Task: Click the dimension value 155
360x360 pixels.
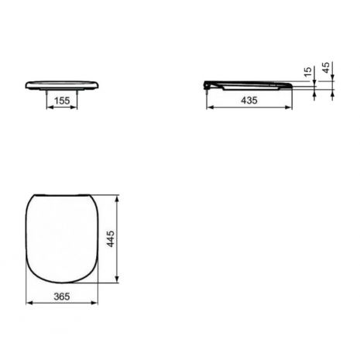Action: tap(62, 101)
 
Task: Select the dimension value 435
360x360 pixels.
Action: tap(249, 100)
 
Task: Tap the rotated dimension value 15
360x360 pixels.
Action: tap(308, 72)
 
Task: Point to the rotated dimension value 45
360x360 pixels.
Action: tap(326, 67)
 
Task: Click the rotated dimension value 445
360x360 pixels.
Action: tap(111, 239)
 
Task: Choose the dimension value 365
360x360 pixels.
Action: tap(62, 297)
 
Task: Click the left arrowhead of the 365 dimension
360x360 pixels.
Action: tap(29, 303)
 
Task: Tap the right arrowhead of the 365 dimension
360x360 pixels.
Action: tap(94, 303)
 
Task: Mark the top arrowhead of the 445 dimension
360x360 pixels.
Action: tap(117, 199)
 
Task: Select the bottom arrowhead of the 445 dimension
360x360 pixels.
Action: tap(117, 279)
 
